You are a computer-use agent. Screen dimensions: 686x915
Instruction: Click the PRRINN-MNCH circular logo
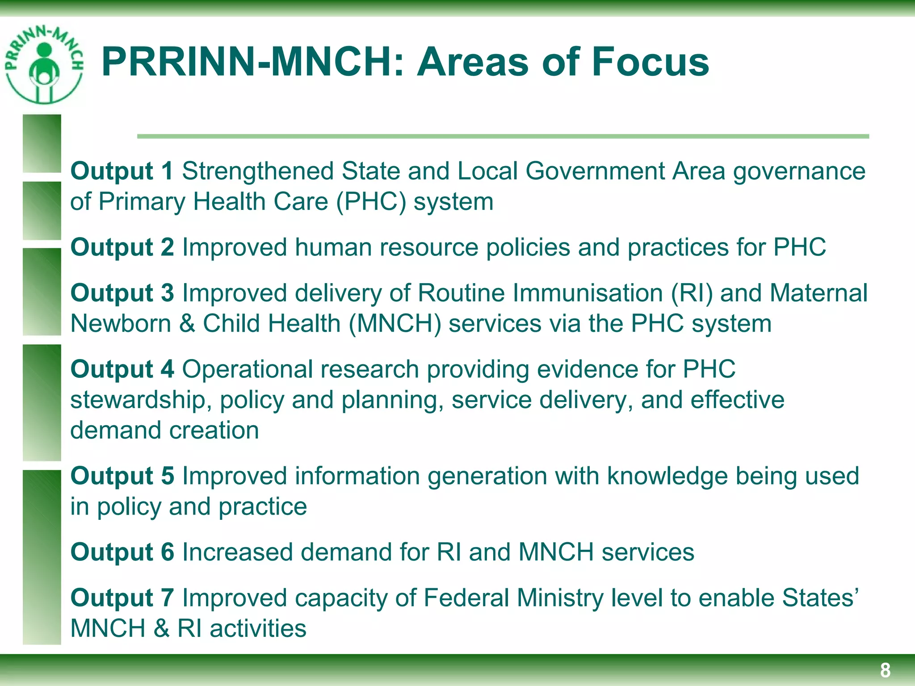[43, 65]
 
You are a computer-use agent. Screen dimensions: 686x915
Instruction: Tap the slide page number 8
[885, 670]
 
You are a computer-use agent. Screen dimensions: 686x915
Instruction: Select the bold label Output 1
[122, 171]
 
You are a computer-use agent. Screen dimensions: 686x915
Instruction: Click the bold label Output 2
[122, 247]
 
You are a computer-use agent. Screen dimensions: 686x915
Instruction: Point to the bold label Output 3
[122, 293]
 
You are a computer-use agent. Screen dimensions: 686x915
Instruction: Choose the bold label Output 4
[122, 369]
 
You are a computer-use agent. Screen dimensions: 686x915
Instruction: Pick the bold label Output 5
[122, 476]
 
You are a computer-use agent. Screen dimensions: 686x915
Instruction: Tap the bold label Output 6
[122, 552]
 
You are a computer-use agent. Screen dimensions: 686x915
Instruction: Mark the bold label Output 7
[122, 598]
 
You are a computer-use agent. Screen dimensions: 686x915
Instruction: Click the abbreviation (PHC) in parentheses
[371, 202]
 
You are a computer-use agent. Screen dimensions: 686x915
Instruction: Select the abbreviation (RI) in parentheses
[692, 293]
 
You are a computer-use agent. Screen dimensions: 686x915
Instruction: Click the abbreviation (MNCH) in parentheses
[395, 324]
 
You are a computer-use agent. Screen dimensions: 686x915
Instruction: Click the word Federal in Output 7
[466, 598]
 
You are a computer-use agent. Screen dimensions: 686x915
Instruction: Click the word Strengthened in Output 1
[258, 171]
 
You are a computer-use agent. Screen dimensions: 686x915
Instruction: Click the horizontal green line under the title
[503, 136]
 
